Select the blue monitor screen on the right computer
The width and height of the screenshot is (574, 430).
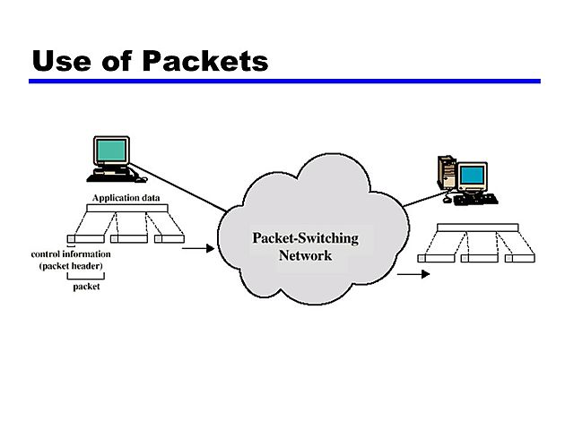pyautogui.click(x=472, y=175)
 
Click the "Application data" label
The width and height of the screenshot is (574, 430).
pyautogui.click(x=126, y=197)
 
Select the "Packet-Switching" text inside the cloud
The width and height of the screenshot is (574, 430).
pyautogui.click(x=305, y=238)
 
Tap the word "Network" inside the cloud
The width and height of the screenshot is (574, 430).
pyautogui.click(x=305, y=255)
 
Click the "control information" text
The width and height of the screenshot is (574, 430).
pyautogui.click(x=72, y=254)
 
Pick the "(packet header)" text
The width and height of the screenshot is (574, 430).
pyautogui.click(x=72, y=266)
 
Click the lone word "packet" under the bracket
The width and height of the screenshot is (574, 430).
pyautogui.click(x=86, y=287)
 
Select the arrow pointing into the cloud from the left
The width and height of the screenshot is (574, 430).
pyautogui.click(x=198, y=248)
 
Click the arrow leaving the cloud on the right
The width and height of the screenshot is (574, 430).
pyautogui.click(x=413, y=273)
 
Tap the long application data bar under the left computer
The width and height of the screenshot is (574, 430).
pyautogui.click(x=127, y=208)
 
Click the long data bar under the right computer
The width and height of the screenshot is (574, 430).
pyautogui.click(x=476, y=226)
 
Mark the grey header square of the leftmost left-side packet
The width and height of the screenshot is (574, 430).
pyautogui.click(x=73, y=238)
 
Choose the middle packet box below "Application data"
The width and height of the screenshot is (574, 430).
pyautogui.click(x=128, y=238)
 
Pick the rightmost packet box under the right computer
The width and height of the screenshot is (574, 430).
pyautogui.click(x=520, y=258)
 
